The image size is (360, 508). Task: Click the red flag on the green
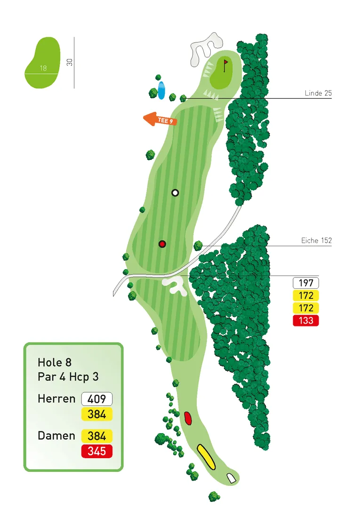[226, 63]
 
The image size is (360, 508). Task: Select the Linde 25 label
[318, 94]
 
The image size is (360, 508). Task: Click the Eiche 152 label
[316, 240]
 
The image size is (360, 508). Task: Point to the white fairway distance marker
[175, 192]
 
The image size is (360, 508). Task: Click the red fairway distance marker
[162, 244]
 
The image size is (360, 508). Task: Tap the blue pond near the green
[161, 90]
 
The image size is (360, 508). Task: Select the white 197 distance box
[305, 283]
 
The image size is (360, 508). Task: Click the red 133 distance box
[305, 321]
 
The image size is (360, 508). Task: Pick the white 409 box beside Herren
[97, 399]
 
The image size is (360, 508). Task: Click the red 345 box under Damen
[97, 452]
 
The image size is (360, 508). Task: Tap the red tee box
[188, 418]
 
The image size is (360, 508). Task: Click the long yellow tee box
[206, 457]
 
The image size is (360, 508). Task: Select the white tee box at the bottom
[231, 478]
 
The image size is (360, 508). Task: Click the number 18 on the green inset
[43, 68]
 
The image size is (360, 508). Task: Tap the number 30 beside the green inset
[70, 62]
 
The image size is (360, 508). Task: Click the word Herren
[56, 399]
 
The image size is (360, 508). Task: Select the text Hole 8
[56, 363]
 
